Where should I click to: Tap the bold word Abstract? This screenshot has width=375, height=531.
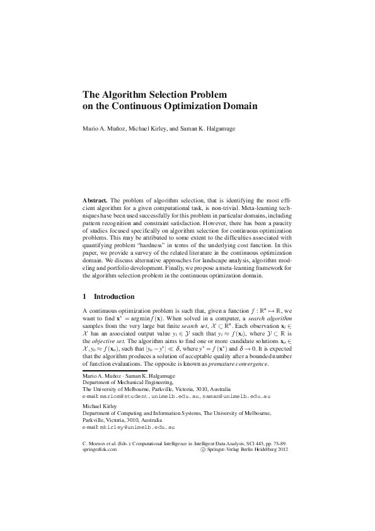pyautogui.click(x=96, y=199)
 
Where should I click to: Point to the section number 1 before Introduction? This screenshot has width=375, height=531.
pyautogui.click(x=85, y=296)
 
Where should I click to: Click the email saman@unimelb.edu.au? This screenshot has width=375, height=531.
pyautogui.click(x=237, y=397)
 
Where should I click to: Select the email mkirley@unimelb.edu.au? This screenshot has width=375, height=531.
pyautogui.click(x=138, y=427)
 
